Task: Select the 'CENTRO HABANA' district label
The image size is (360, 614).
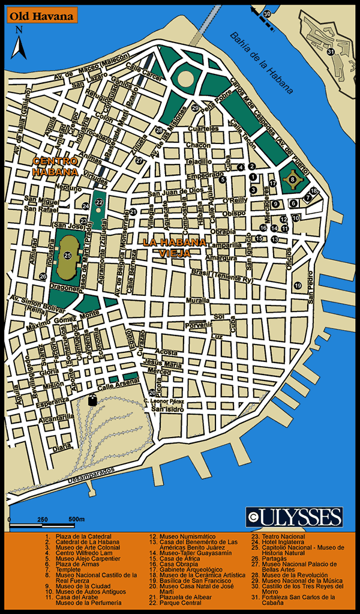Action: (55, 166)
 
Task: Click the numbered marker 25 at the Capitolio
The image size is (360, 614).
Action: (68, 256)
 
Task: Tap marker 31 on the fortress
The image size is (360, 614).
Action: (330, 52)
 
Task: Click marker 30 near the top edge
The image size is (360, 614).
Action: (267, 13)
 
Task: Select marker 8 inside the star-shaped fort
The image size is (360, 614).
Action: (292, 178)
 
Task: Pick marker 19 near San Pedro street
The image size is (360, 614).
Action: (298, 286)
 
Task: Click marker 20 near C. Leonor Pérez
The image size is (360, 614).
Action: (152, 393)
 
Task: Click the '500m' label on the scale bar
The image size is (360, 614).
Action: (76, 519)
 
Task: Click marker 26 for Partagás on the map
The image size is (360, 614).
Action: (43, 276)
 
